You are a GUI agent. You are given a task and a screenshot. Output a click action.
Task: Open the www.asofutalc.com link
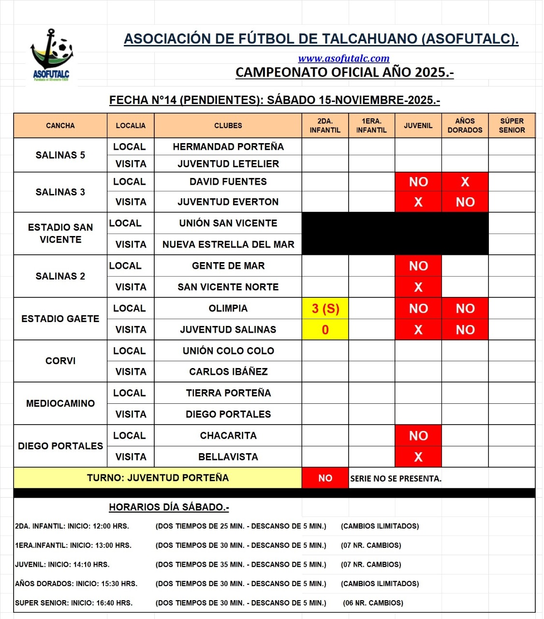tap(343, 59)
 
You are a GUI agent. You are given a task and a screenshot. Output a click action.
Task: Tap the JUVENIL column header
tap(418, 126)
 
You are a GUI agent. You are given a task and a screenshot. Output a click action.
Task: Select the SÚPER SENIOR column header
tap(512, 126)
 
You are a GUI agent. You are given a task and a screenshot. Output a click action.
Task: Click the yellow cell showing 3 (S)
tap(325, 309)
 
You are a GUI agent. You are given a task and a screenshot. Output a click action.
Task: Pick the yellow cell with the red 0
tap(325, 330)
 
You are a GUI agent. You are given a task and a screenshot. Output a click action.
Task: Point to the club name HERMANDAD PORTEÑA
tap(228, 147)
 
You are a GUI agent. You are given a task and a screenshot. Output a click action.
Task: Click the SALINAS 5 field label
tap(60, 155)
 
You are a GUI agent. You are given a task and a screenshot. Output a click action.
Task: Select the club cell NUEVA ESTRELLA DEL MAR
tap(228, 245)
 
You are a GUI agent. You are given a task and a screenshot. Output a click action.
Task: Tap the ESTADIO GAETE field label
tap(60, 319)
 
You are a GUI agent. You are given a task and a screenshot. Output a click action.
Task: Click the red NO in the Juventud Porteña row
tap(325, 478)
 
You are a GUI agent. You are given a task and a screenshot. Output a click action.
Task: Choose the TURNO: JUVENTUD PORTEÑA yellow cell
tap(158, 478)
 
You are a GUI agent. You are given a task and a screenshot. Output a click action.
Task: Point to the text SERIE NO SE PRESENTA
tap(396, 479)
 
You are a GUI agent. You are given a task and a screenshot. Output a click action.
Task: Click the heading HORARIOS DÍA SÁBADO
tap(169, 507)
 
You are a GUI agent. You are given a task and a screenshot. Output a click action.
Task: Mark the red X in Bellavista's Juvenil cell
tap(418, 457)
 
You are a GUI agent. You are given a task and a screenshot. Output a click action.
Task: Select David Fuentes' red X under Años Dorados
tap(465, 182)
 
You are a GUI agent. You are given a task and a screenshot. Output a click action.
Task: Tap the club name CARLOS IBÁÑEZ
tap(228, 372)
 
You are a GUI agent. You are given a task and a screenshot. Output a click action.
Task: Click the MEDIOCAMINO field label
tap(60, 403)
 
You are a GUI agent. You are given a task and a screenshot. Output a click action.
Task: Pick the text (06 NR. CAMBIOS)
tap(373, 603)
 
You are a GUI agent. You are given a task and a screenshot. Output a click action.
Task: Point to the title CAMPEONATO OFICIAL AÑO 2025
tap(344, 73)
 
